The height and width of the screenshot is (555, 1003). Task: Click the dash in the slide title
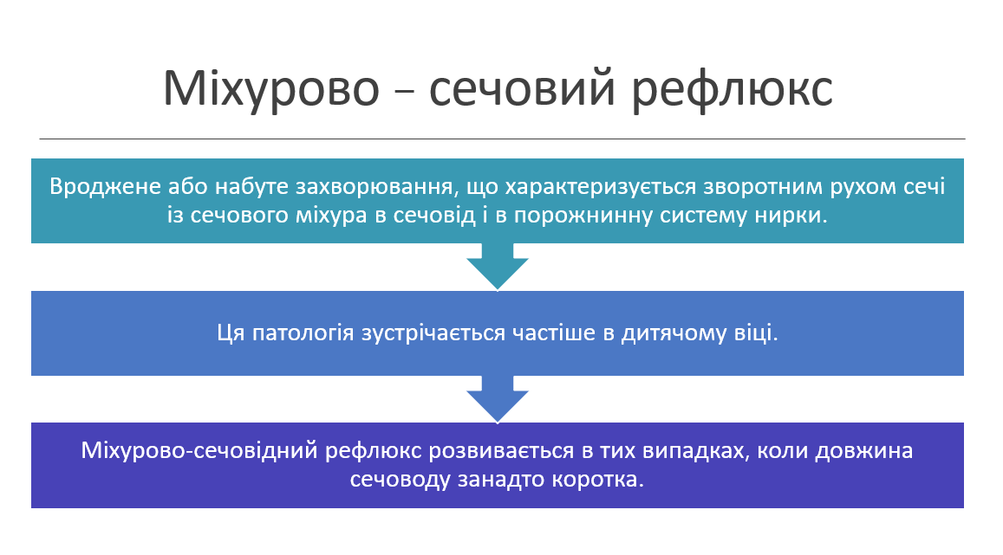click(405, 92)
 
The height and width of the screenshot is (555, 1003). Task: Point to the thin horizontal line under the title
click(501, 139)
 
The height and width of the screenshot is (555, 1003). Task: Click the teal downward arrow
click(498, 266)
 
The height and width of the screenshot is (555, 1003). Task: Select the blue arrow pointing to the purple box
click(498, 398)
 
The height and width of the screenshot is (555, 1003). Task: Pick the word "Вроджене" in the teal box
click(93, 187)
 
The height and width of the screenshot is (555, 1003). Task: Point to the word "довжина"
click(872, 451)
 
